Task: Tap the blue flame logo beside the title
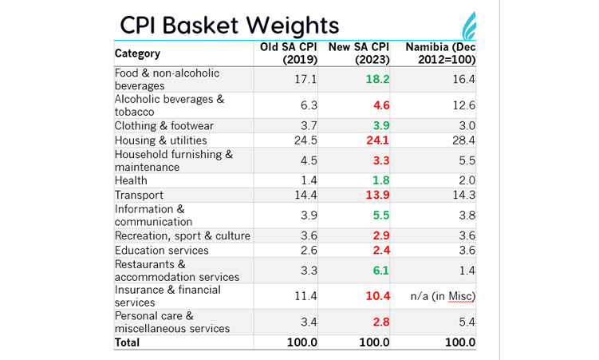[469, 26]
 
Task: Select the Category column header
[137, 53]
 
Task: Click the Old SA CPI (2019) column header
[289, 53]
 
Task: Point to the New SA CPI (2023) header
[359, 53]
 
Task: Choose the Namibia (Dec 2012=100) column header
[440, 53]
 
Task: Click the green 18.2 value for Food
[377, 79]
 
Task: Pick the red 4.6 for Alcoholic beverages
[381, 105]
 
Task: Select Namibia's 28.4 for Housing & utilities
[463, 140]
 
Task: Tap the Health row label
[131, 180]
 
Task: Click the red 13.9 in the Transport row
[377, 195]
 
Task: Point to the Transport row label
[139, 195]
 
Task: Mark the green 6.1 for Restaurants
[381, 271]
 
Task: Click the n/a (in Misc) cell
[443, 296]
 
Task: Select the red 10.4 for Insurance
[378, 296]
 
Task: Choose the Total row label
[127, 342]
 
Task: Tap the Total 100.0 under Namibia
[460, 342]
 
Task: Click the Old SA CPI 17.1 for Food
[305, 79]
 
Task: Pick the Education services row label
[162, 251]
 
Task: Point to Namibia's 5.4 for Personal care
[467, 322]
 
